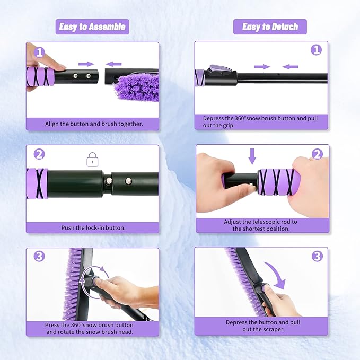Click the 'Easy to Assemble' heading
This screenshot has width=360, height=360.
pyautogui.click(x=92, y=27)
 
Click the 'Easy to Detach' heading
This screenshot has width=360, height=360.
pyautogui.click(x=270, y=27)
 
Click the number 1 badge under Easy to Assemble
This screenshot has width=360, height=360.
pyautogui.click(x=40, y=52)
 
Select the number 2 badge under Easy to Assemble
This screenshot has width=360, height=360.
pyautogui.click(x=39, y=154)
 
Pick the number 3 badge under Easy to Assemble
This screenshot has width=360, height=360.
pyautogui.click(x=39, y=257)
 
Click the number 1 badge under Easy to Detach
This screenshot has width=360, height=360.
pyautogui.click(x=317, y=50)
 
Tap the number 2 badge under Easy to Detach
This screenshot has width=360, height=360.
pyautogui.click(x=317, y=154)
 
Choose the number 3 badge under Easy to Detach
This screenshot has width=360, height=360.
pyautogui.click(x=317, y=257)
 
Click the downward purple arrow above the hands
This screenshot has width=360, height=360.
pyautogui.click(x=252, y=156)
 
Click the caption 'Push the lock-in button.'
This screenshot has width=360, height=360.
pyautogui.click(x=93, y=227)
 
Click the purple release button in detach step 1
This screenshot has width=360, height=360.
pyautogui.click(x=218, y=68)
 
